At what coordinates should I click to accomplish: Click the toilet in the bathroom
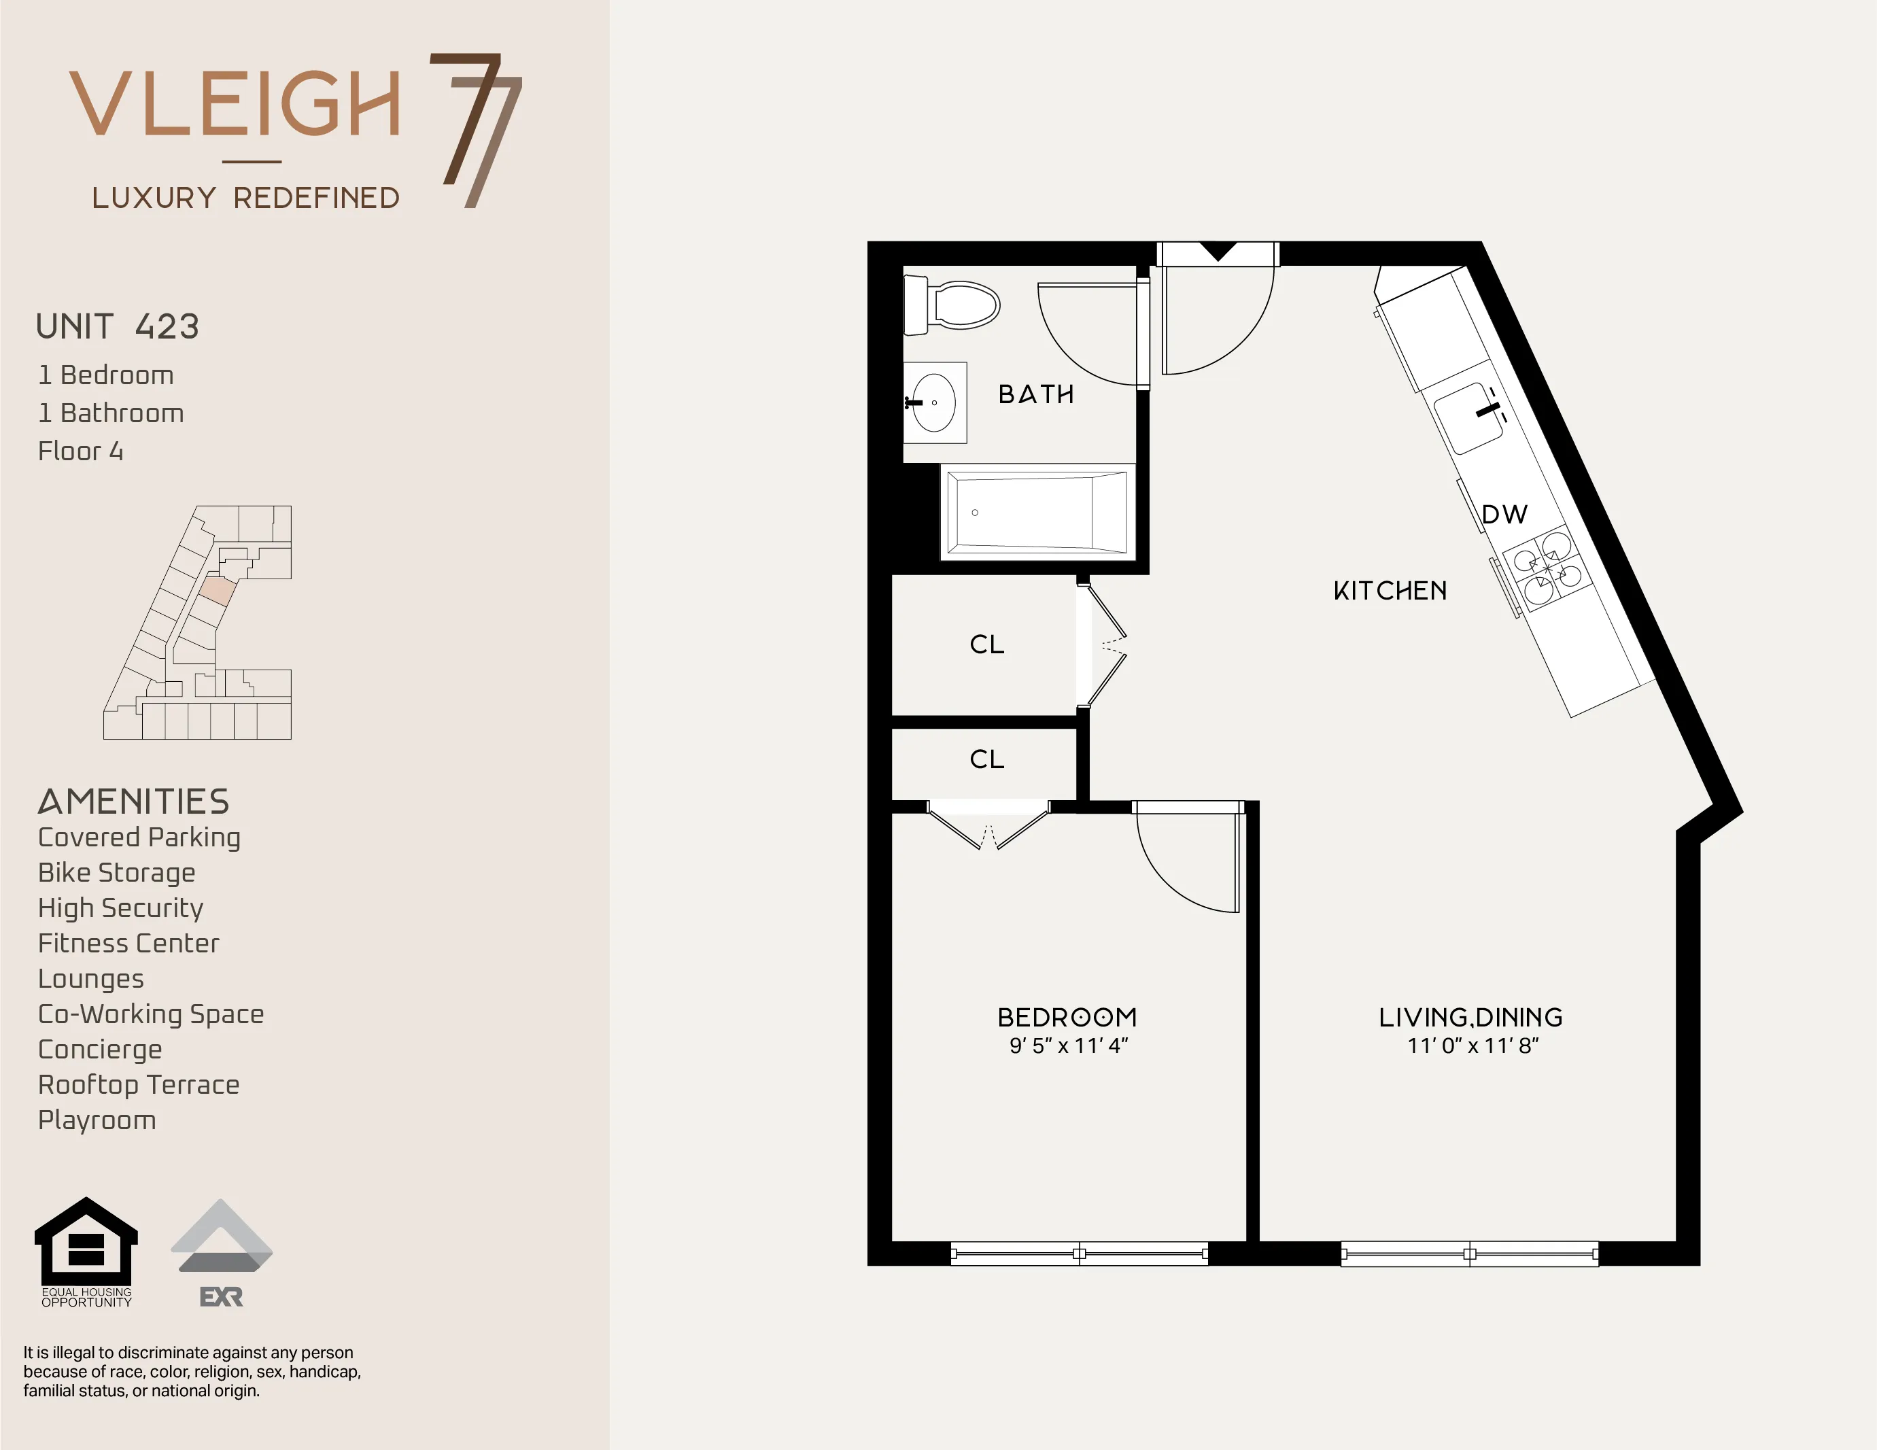tap(954, 305)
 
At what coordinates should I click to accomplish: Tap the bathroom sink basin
tap(934, 402)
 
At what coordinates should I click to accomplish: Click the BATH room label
tap(1035, 394)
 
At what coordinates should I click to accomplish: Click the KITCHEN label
tap(1390, 591)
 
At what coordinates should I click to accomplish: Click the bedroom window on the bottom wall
tap(1079, 1254)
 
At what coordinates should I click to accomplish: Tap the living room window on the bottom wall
tap(1470, 1254)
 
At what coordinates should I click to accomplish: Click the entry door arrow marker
tap(1217, 252)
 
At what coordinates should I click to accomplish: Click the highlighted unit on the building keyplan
tap(218, 591)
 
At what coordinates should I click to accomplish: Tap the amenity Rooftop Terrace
tap(139, 1085)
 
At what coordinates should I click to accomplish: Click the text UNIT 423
tap(118, 326)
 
